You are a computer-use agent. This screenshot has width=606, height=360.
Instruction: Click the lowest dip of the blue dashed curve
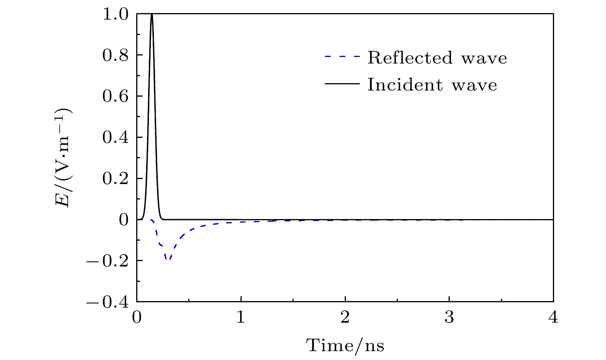(168, 259)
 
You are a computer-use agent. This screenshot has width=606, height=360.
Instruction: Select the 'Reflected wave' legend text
(437, 58)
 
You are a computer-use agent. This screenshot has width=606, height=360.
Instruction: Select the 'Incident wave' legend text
(432, 84)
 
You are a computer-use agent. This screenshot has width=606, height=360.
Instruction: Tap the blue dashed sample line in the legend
(342, 57)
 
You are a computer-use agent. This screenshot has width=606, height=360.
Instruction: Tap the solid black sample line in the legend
(342, 84)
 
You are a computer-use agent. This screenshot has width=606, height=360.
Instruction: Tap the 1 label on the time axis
(241, 318)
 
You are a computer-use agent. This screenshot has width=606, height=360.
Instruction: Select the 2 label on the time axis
(345, 318)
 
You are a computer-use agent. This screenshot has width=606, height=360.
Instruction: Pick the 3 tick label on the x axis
(449, 318)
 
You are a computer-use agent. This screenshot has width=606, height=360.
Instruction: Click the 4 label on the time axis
(553, 318)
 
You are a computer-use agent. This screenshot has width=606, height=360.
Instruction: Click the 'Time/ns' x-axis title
(345, 345)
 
